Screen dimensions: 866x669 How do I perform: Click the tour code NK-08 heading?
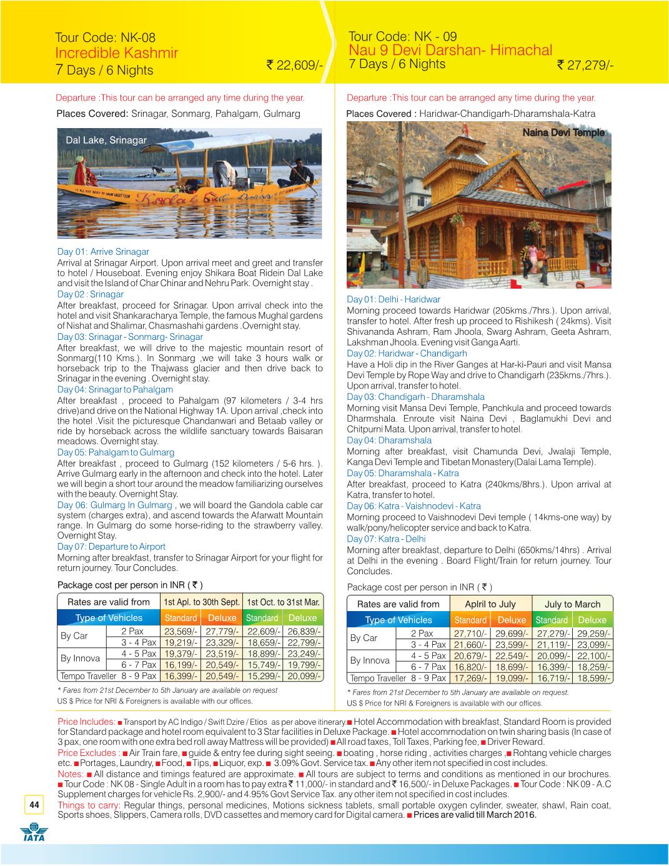(105, 37)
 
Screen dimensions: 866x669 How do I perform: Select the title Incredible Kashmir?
(117, 53)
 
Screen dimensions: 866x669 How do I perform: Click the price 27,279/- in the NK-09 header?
(585, 65)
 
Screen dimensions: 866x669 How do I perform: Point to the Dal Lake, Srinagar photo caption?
(106, 140)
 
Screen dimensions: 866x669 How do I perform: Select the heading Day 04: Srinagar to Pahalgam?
(115, 389)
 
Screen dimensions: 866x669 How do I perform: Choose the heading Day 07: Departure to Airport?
(111, 547)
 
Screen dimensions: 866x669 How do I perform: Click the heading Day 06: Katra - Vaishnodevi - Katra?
(414, 506)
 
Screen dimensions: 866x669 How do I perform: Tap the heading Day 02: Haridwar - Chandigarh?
(407, 354)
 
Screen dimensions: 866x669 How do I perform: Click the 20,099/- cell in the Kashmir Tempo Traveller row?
(302, 676)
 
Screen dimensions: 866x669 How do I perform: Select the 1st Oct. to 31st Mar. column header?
(284, 602)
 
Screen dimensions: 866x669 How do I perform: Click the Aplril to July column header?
(490, 604)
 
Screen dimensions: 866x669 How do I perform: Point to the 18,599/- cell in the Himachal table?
(592, 678)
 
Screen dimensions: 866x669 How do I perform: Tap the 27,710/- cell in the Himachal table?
(470, 634)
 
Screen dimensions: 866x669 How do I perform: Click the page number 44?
(32, 805)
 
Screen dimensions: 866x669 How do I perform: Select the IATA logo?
(32, 834)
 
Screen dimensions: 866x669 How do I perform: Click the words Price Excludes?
(87, 753)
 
